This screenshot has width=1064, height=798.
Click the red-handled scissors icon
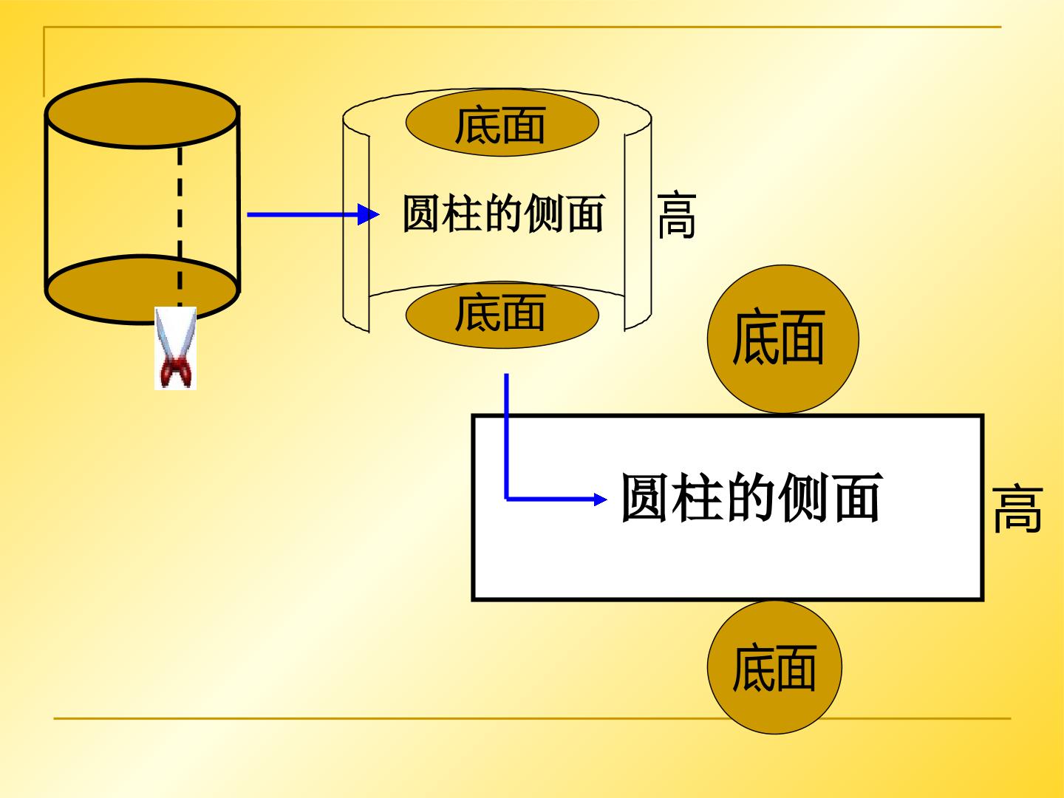pos(175,348)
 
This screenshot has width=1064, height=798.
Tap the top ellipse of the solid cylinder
pos(142,114)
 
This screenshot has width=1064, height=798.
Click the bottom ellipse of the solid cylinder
pos(142,289)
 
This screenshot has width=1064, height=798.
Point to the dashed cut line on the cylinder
pos(180,227)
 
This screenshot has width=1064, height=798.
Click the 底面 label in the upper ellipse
pos(500,125)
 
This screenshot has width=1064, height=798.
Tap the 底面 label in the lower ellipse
pos(500,313)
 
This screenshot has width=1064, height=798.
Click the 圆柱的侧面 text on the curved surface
pos(504,214)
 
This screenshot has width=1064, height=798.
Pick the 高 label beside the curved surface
pos(677,215)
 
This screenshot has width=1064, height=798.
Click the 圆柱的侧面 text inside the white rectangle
pos(752,497)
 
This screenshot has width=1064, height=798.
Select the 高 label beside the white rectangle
pos(1017,509)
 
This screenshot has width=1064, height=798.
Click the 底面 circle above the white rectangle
pos(782,338)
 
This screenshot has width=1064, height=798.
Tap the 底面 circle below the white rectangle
pos(774,668)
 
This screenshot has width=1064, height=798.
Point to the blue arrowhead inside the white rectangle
pos(600,499)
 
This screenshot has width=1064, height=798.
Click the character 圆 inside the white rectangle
pos(645,497)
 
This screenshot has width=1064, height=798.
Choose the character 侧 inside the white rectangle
pos(805,497)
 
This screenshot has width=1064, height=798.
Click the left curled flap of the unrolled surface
pos(356,223)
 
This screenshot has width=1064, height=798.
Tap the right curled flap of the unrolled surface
pos(638,223)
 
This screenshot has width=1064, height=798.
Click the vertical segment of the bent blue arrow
pos(507,436)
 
